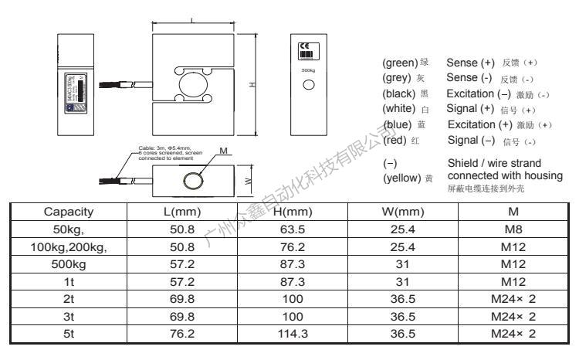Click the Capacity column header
click(69, 211)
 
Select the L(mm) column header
click(187, 211)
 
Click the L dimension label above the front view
click(191, 19)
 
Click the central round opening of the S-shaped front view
click(191, 84)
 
